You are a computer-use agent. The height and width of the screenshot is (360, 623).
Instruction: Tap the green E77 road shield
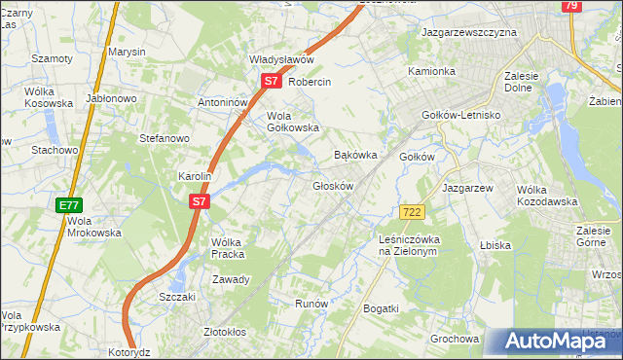point(68,205)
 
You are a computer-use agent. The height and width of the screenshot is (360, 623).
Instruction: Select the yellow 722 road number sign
point(411,211)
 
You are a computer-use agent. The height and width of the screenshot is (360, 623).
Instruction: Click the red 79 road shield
point(571,6)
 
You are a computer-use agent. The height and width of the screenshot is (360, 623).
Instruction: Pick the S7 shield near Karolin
point(199,201)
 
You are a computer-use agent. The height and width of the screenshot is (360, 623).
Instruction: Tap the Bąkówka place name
point(354,155)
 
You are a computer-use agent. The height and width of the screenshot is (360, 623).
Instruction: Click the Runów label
point(311,304)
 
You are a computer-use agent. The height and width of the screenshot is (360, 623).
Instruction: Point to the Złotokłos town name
point(225,331)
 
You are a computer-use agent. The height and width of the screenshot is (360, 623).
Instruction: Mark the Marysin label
point(127,51)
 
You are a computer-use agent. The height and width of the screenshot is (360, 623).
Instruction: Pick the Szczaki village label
point(177,297)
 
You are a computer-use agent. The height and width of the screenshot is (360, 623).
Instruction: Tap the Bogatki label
point(381,308)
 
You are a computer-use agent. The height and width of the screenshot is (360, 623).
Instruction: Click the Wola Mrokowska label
point(93,227)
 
